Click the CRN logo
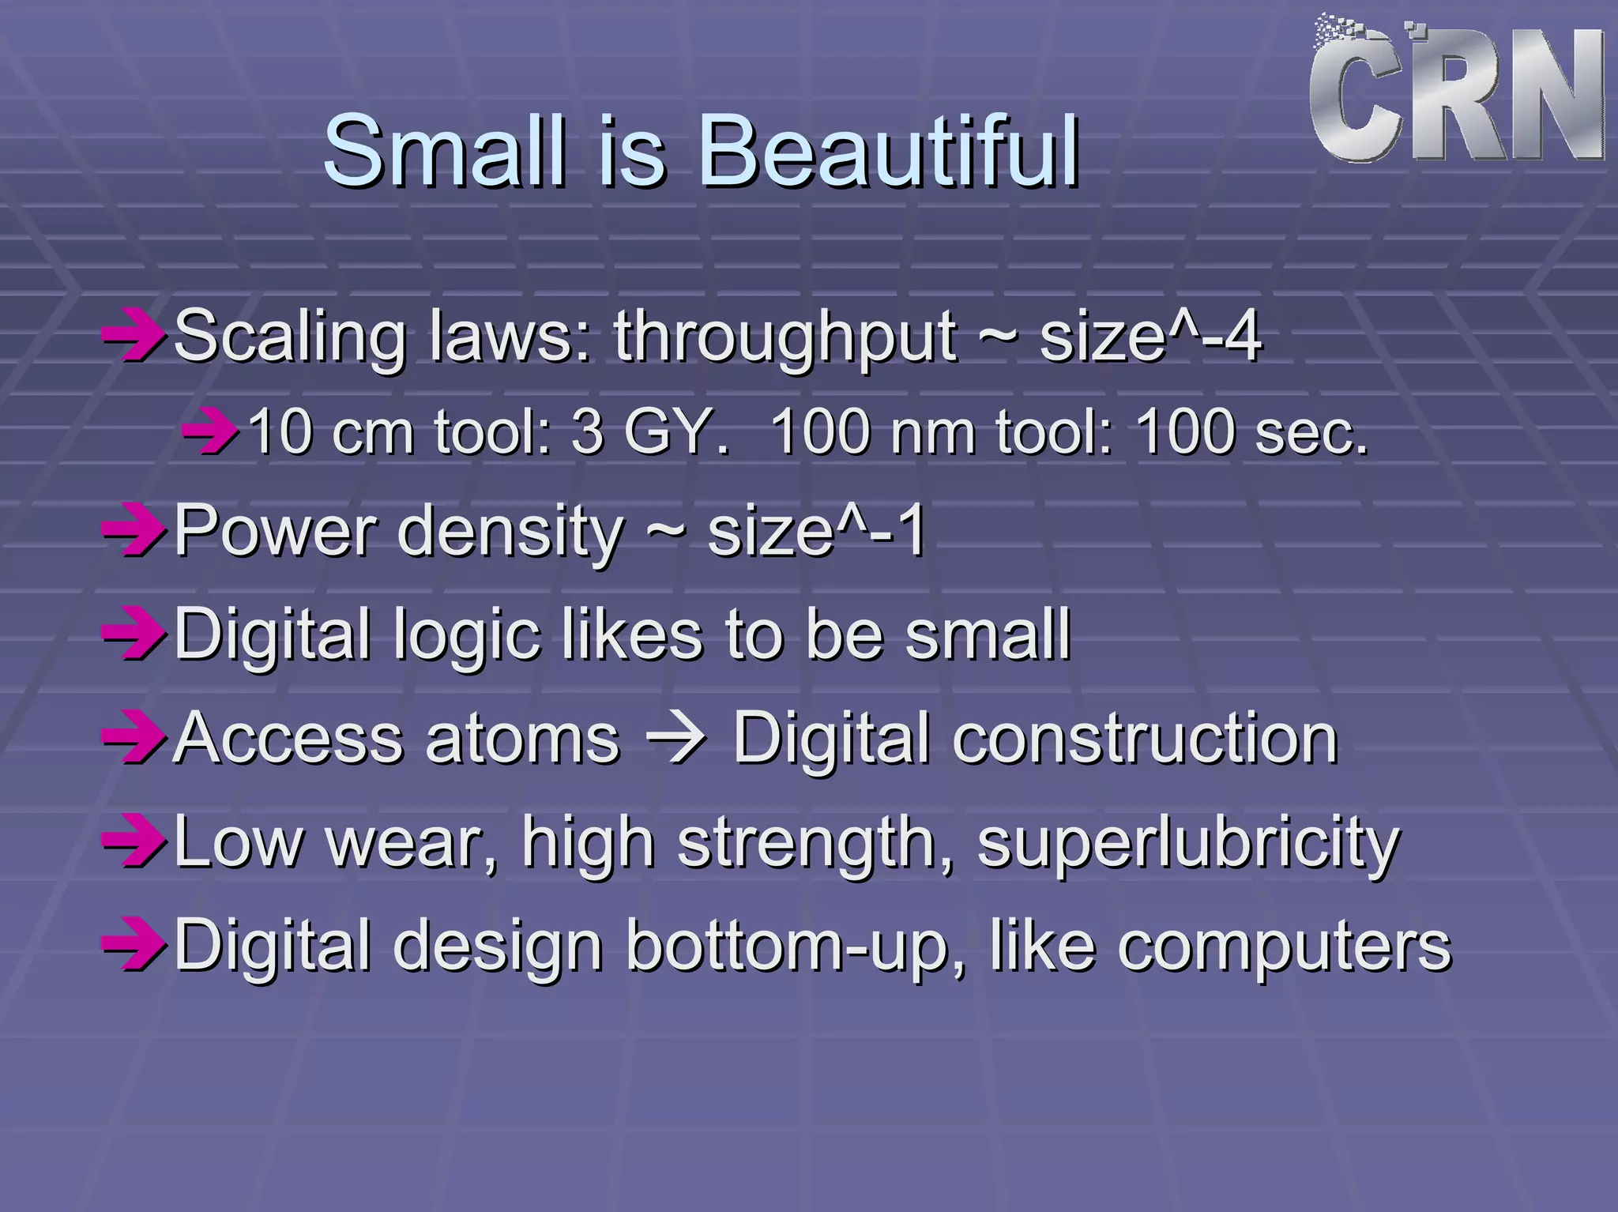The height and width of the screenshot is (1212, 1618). click(x=1455, y=95)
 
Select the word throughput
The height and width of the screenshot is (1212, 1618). click(x=785, y=338)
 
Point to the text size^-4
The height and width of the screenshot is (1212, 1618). click(x=1150, y=337)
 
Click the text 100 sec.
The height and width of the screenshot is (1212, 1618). click(x=1251, y=432)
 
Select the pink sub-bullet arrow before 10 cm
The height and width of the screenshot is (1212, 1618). click(x=209, y=432)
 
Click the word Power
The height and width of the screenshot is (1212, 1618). click(x=275, y=531)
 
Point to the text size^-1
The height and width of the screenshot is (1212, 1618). click(x=817, y=531)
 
